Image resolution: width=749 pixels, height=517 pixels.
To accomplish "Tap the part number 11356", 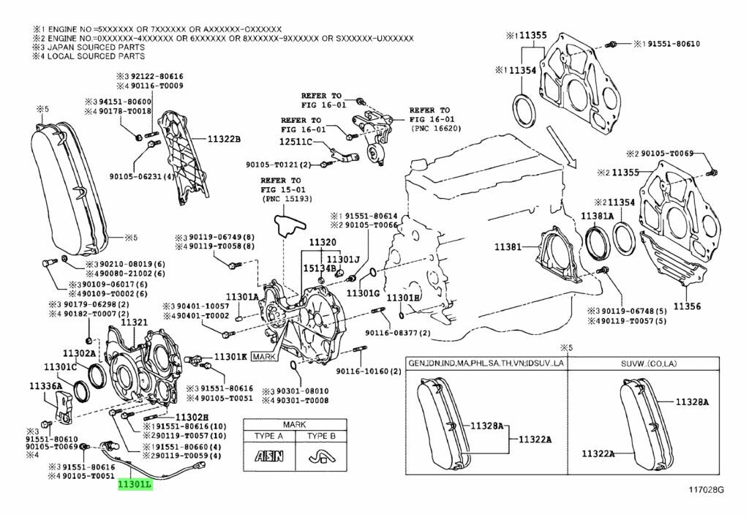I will (687, 306).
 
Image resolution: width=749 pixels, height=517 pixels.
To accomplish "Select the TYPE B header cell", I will (320, 437).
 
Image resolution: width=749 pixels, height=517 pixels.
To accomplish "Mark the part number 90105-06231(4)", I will (142, 176).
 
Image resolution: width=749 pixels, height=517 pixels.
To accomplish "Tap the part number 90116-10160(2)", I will (369, 371).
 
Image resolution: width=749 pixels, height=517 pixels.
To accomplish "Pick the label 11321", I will (134, 322).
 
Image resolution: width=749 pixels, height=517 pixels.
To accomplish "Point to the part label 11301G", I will (363, 293).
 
